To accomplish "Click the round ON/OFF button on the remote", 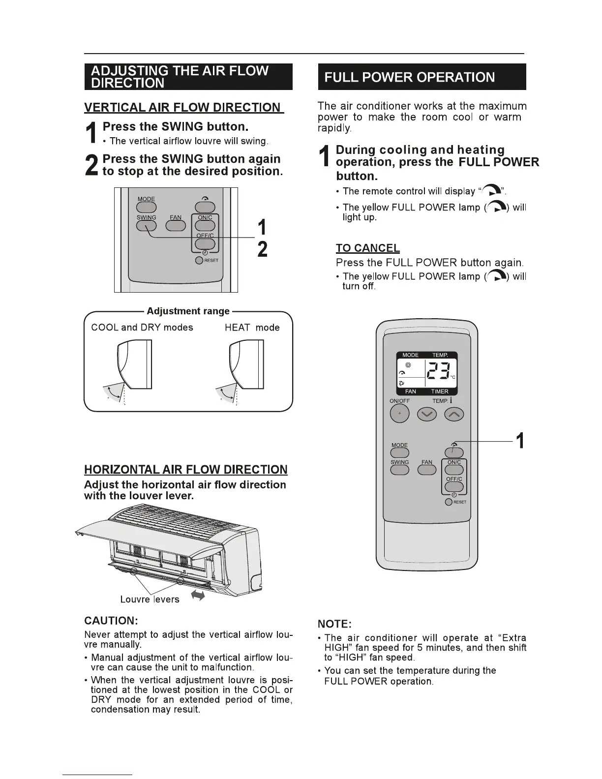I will [x=399, y=415].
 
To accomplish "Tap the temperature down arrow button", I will [x=426, y=415].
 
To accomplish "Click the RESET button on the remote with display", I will [x=449, y=502].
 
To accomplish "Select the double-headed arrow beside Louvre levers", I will [x=198, y=596].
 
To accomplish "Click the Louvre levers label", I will [x=150, y=599].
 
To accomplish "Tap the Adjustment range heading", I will [x=188, y=311].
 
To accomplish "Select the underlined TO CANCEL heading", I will [x=367, y=248].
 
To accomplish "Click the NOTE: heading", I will [x=334, y=624].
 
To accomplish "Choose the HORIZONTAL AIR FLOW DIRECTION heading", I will [x=185, y=470].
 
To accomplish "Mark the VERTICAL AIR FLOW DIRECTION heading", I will [x=183, y=108].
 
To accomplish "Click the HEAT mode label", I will [x=252, y=328].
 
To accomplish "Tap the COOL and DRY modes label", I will [x=142, y=328].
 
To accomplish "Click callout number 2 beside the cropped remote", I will [x=263, y=249].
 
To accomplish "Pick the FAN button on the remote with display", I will [x=427, y=470].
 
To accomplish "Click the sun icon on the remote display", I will [x=407, y=365].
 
